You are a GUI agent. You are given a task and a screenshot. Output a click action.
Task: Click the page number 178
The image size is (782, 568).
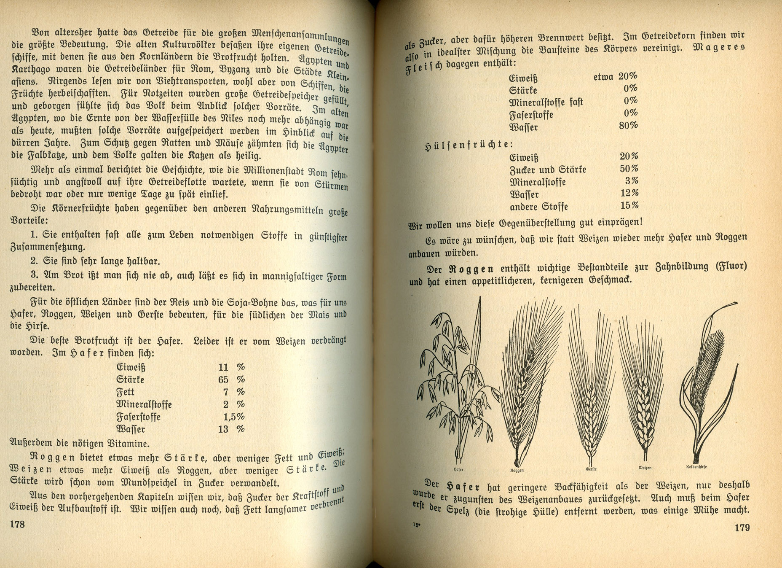pyautogui.click(x=17, y=524)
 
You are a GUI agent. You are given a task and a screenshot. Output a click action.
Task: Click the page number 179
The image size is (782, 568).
pyautogui.click(x=742, y=527)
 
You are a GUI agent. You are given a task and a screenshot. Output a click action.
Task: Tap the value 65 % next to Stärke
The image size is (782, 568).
pyautogui.click(x=231, y=380)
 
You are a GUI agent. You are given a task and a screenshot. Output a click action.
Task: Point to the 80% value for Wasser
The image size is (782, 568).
pyautogui.click(x=628, y=125)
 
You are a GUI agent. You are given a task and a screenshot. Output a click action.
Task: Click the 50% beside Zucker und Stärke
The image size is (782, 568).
pyautogui.click(x=629, y=169)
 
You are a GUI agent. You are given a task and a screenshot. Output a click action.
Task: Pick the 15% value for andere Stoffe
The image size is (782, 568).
pyautogui.click(x=629, y=205)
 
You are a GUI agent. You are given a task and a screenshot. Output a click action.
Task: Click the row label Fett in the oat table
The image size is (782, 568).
pyautogui.click(x=126, y=392)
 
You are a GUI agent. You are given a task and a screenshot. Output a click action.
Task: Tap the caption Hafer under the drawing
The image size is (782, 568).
pyautogui.click(x=458, y=469)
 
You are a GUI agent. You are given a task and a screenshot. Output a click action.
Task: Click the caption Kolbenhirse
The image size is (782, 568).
pyautogui.click(x=696, y=467)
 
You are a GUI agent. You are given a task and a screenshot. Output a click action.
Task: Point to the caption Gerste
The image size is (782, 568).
pyautogui.click(x=591, y=468)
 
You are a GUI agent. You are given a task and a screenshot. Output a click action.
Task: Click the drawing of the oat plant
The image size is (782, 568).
pyautogui.click(x=455, y=380)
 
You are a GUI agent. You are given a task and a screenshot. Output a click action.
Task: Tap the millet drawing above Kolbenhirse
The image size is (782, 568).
pyautogui.click(x=708, y=380)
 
